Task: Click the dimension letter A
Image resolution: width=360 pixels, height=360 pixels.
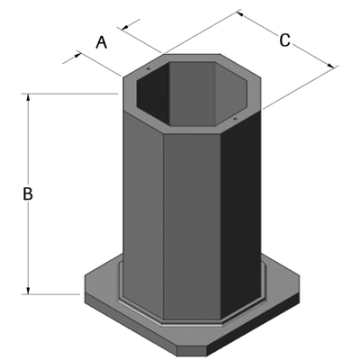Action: tap(102, 41)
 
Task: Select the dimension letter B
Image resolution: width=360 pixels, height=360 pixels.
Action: tap(28, 193)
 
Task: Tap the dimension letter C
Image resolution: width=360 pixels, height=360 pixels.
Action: tap(284, 40)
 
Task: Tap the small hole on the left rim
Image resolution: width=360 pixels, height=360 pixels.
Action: tap(147, 67)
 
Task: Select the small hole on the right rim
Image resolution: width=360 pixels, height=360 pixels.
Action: tap(234, 117)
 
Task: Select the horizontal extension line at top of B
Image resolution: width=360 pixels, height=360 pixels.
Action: tap(72, 93)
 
